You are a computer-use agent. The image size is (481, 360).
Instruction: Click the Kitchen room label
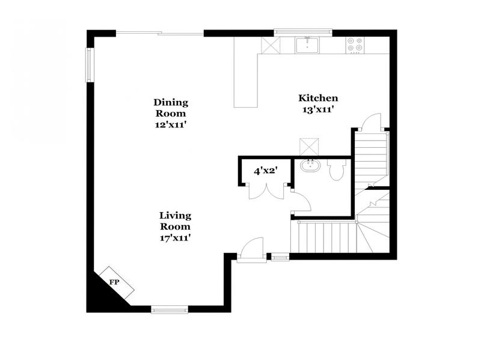319,103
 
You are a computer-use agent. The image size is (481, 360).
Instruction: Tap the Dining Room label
171,113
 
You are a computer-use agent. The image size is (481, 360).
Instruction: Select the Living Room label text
175,226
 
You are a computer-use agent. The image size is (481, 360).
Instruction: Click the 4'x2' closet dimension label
265,171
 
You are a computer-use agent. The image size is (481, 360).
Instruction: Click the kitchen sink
307,44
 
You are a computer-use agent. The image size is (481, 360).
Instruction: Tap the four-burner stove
355,45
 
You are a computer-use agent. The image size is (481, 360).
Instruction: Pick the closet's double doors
265,190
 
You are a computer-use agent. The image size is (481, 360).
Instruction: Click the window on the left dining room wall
90,64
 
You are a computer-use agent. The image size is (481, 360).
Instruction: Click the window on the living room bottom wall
169,310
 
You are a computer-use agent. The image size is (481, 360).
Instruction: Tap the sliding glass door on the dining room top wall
159,32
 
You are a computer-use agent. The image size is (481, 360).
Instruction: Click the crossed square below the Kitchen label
310,146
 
